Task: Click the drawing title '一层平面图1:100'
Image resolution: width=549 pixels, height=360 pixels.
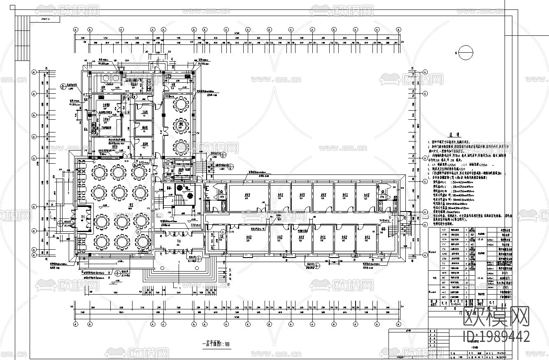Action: [x=216, y=344]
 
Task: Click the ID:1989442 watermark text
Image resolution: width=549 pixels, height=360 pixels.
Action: [x=496, y=336]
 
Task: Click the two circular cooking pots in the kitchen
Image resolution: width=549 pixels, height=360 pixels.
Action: [x=109, y=78]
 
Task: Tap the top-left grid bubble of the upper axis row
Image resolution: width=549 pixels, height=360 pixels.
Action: [x=76, y=30]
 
